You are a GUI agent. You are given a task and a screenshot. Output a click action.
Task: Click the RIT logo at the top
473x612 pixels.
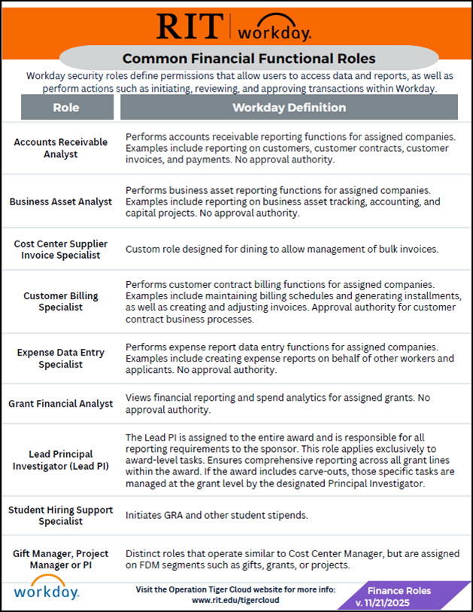(x=190, y=26)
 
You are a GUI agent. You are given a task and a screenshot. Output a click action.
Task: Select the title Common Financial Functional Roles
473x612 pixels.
(x=248, y=58)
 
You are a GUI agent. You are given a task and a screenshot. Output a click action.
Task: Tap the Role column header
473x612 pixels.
(x=66, y=108)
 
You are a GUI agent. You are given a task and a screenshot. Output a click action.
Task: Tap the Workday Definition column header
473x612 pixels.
(x=289, y=108)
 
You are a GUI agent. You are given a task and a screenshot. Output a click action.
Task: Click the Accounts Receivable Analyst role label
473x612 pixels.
(x=61, y=148)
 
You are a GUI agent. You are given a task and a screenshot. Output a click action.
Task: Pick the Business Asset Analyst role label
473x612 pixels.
(x=61, y=201)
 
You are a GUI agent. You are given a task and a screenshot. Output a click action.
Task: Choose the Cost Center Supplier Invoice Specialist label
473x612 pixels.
(x=61, y=250)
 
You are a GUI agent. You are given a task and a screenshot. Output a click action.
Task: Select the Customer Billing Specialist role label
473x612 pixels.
(x=61, y=302)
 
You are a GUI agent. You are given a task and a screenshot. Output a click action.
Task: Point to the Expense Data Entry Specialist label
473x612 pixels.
(x=61, y=359)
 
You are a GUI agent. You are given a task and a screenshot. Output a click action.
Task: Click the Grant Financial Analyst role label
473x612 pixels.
(x=61, y=404)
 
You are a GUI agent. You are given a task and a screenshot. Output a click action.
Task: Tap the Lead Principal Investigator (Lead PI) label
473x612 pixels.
(x=61, y=460)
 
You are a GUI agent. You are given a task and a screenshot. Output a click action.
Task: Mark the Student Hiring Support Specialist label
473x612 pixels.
(x=61, y=516)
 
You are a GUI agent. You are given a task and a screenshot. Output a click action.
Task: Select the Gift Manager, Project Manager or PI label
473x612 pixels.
(x=61, y=559)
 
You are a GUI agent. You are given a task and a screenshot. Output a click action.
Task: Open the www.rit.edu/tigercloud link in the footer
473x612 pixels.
(x=236, y=601)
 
